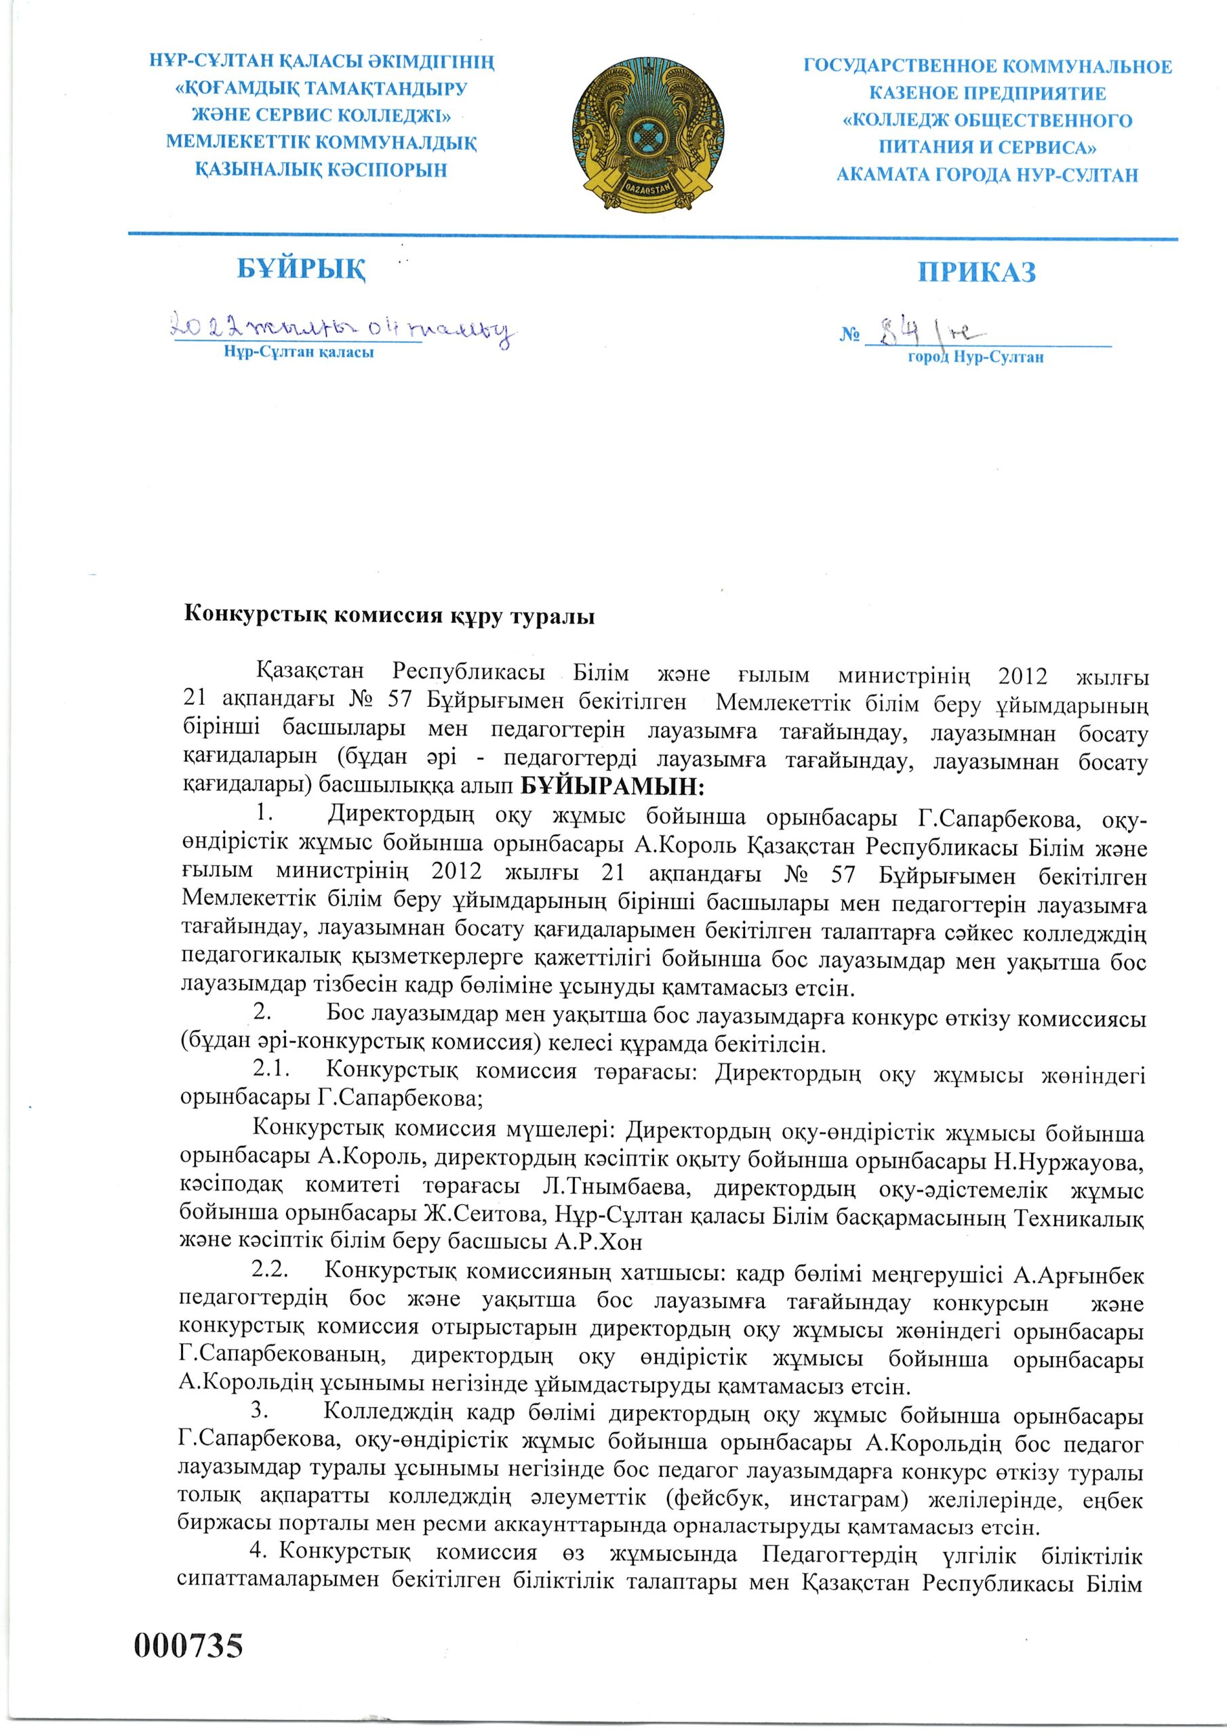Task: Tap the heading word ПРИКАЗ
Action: pyautogui.click(x=977, y=272)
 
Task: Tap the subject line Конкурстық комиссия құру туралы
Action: pyautogui.click(x=389, y=617)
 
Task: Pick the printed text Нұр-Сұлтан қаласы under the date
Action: pyautogui.click(x=299, y=352)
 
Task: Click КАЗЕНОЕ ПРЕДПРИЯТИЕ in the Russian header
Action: pyautogui.click(x=986, y=94)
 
